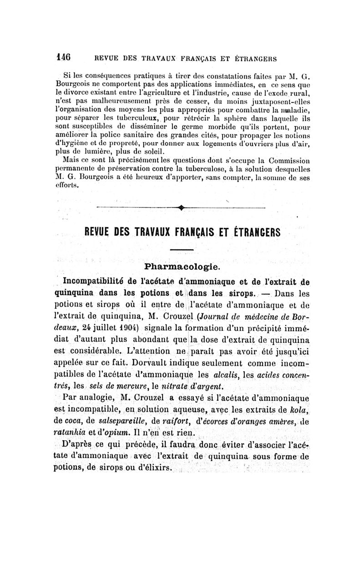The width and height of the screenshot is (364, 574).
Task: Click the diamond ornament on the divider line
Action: (x=182, y=208)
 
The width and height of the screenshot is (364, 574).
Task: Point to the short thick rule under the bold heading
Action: (x=182, y=250)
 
